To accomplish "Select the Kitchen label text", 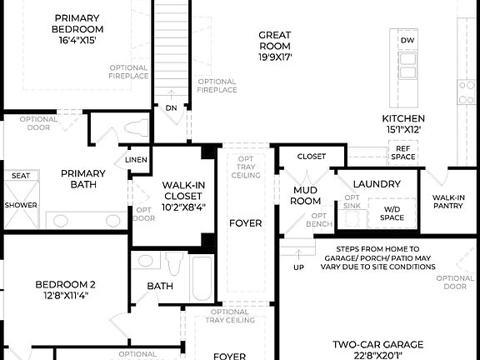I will [403, 124].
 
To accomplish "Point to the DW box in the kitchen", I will [407, 40].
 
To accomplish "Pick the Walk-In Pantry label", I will [447, 202].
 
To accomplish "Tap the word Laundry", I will [377, 183].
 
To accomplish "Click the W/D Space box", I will [392, 212].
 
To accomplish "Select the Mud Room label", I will [306, 196].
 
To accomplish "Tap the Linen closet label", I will [136, 159].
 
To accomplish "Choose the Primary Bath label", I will [83, 179].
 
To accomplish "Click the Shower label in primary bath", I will [20, 204].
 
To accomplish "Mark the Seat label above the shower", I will [20, 175].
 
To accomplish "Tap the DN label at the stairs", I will [171, 107].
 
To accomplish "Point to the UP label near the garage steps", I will [298, 267].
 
